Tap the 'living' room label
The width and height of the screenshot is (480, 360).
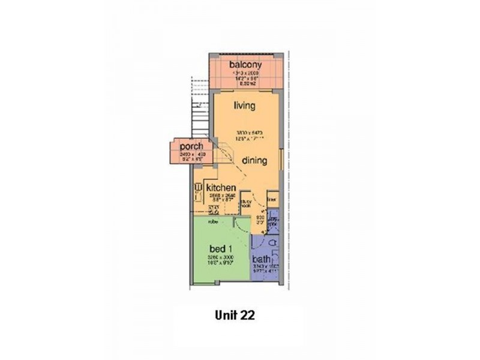coord(245,106)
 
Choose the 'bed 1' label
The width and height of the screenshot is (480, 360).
coord(220,248)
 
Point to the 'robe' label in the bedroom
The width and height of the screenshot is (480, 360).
coord(212,221)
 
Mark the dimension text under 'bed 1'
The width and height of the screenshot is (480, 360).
coord(220,260)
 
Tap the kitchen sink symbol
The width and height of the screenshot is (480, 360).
coord(198,191)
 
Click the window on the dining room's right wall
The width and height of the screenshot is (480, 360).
coord(281,158)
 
